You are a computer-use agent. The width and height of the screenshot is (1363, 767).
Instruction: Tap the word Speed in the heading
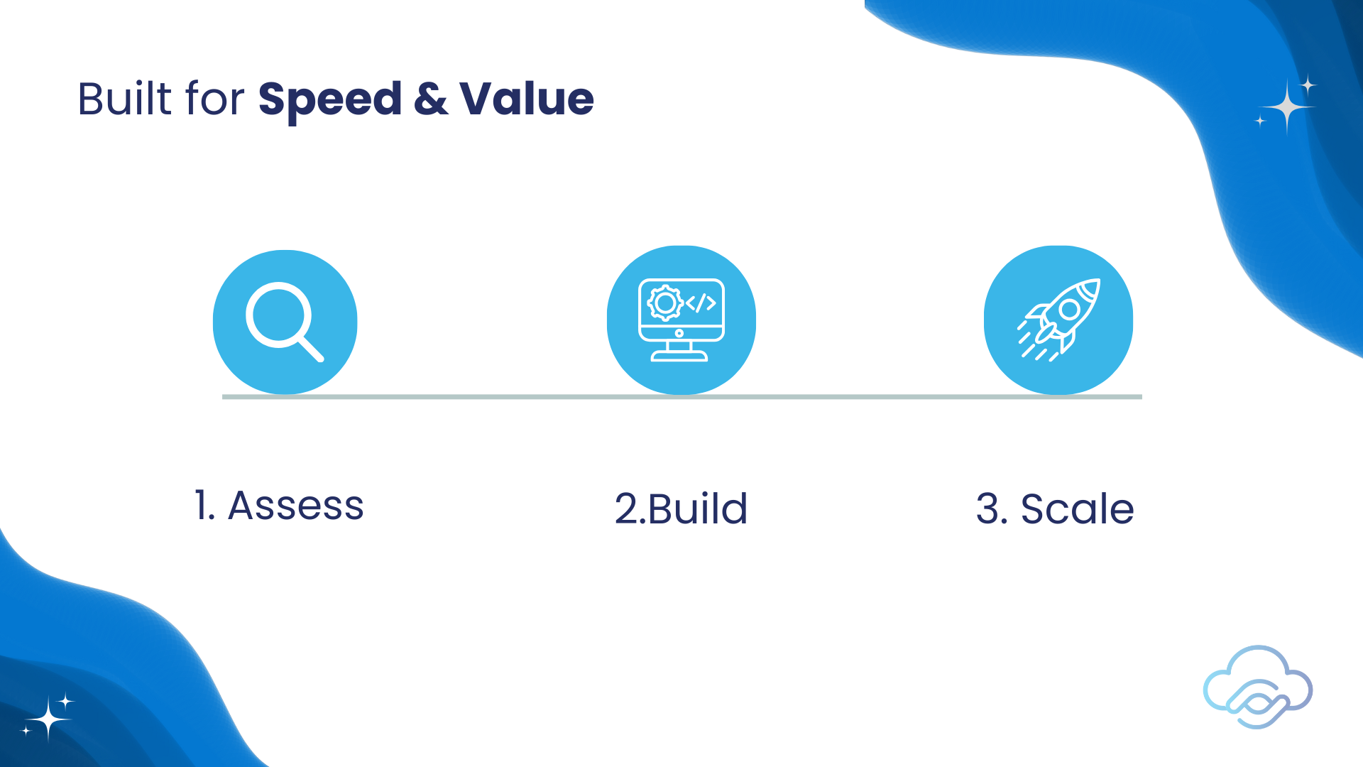[x=330, y=100]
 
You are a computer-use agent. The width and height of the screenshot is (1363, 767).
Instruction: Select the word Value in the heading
[x=527, y=99]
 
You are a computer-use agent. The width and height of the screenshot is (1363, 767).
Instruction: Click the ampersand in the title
[x=431, y=99]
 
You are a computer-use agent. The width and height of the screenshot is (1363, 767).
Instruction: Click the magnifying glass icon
[x=285, y=322]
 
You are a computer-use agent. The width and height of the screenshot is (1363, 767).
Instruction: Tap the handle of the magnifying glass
[x=310, y=348]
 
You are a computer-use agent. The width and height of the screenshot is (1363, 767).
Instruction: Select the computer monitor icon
[x=681, y=320]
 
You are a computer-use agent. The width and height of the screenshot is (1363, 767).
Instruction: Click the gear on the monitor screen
[x=665, y=303]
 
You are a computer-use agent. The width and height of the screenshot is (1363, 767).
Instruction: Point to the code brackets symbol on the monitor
[x=701, y=303]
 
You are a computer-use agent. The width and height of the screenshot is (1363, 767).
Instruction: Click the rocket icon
[x=1058, y=320]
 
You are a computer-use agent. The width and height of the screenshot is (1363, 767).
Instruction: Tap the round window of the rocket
[x=1069, y=310]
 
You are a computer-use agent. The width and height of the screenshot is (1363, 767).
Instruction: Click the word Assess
[x=296, y=506]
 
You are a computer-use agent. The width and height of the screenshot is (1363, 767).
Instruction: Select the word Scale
[x=1077, y=508]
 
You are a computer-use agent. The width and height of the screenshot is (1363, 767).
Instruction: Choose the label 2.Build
[x=681, y=508]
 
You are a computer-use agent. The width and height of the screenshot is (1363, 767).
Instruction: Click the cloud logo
[x=1258, y=687]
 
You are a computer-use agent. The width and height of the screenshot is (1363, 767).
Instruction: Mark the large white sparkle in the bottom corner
[x=48, y=719]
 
